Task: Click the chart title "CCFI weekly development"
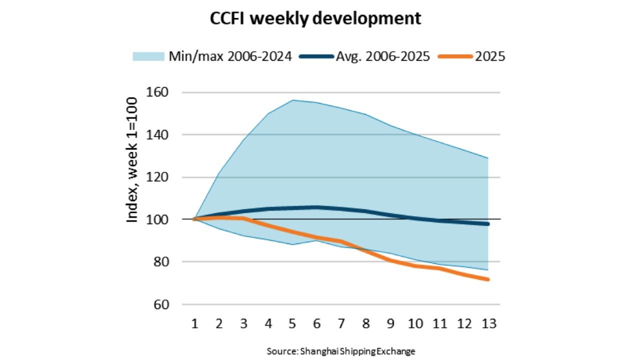click(x=315, y=18)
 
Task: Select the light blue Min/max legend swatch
click(x=148, y=56)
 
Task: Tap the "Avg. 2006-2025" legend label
click(x=383, y=56)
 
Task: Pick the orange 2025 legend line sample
click(x=455, y=56)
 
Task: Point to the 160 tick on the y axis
click(x=157, y=92)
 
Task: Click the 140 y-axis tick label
click(x=157, y=134)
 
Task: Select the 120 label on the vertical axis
click(x=157, y=177)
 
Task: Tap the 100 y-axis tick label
click(x=157, y=219)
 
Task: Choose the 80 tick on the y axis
click(x=161, y=261)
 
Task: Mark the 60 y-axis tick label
click(x=161, y=304)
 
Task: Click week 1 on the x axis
click(x=195, y=323)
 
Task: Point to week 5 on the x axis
click(x=292, y=323)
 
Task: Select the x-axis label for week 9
click(x=390, y=323)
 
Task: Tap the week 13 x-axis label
click(x=489, y=323)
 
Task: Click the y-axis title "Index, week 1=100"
click(x=131, y=159)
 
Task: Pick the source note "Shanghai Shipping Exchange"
click(x=357, y=351)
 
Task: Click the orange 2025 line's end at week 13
click(x=488, y=279)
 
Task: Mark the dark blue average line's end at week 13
click(x=488, y=224)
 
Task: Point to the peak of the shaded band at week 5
click(x=293, y=100)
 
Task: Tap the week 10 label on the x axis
click(x=415, y=323)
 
